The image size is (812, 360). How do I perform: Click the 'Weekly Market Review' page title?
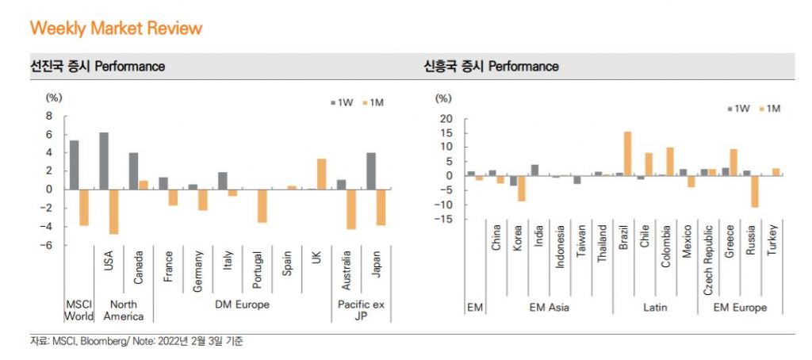(116, 29)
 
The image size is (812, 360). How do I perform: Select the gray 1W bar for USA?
(104, 160)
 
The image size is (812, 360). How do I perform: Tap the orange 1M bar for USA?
(113, 211)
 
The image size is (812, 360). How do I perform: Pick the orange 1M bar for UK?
(321, 174)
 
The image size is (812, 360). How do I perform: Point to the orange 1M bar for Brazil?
(627, 153)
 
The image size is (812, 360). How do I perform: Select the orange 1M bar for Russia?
(755, 191)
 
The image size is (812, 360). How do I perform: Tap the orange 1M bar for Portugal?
(262, 205)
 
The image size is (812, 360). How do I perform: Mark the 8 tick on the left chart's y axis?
(49, 115)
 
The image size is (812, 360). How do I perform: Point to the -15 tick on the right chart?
(445, 219)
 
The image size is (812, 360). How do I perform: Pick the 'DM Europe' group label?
(243, 304)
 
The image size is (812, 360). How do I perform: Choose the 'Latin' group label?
(654, 307)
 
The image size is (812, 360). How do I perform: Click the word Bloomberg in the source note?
(100, 342)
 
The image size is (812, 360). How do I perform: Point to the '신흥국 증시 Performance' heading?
(491, 67)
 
